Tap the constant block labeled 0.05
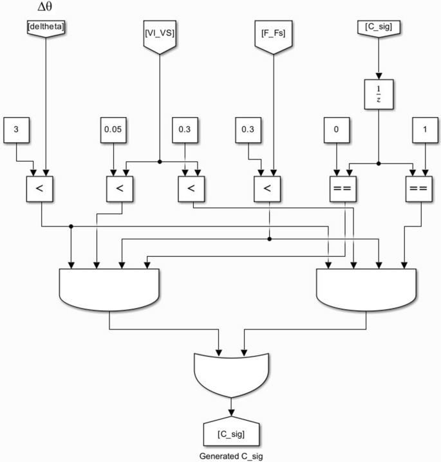113,129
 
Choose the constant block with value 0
335,129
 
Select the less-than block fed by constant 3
39,189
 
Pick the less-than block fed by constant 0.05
119,189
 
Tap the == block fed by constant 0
342,189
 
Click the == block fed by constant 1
417,189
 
